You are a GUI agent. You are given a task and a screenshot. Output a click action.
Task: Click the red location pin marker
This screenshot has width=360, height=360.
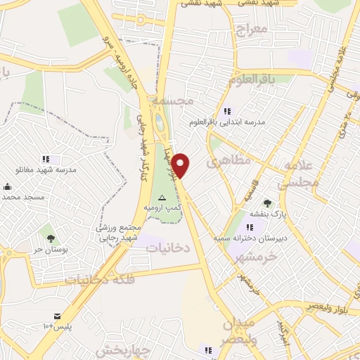[x=181, y=165]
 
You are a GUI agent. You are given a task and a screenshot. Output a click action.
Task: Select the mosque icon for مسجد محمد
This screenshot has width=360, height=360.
[x=8, y=187]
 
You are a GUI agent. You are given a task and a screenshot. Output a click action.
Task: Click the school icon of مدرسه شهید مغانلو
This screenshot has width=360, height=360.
[x=46, y=159]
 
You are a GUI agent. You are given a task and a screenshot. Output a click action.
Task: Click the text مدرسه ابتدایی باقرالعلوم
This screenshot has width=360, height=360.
[x=226, y=122]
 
